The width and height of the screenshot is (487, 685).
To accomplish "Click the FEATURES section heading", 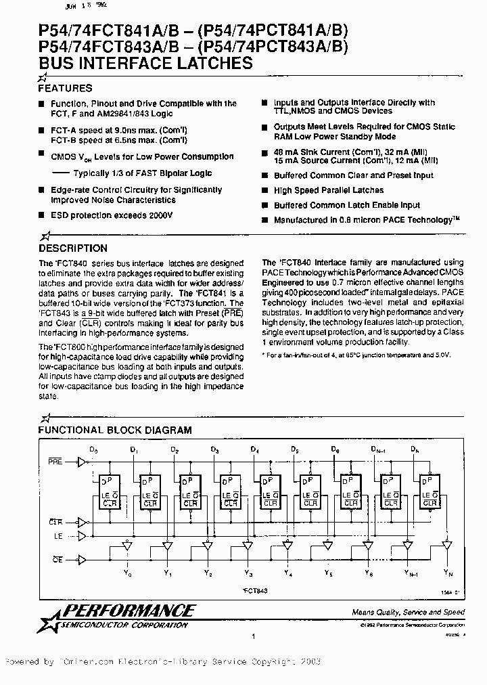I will [65, 88].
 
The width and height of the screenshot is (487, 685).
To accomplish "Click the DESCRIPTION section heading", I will [72, 248].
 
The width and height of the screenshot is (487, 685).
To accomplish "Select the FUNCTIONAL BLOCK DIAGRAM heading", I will [114, 430].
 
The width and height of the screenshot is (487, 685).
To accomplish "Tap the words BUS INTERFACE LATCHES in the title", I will [145, 64].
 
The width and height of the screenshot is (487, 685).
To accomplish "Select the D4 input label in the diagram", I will [254, 449].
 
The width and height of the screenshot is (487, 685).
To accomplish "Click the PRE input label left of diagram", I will [55, 462].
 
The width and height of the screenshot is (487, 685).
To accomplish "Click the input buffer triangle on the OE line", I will [83, 559].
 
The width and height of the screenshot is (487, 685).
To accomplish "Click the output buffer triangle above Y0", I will [126, 544].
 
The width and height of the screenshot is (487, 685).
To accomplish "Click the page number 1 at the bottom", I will [252, 636].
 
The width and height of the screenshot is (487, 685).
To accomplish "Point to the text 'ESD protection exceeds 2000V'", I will [112, 215].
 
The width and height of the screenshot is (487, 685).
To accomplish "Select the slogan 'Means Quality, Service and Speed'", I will [408, 612].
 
